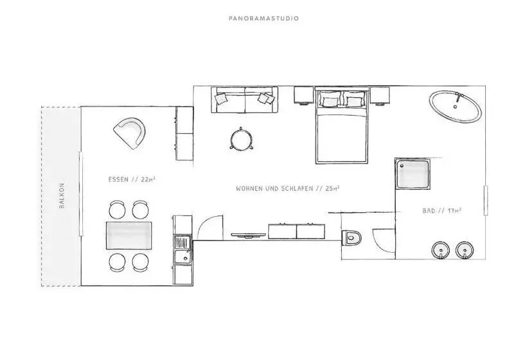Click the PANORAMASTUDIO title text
[x=263, y=19]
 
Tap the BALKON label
[x=62, y=195]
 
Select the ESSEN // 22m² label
[x=132, y=179]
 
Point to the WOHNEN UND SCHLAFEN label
[x=274, y=188]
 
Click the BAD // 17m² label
[x=442, y=211]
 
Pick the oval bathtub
[x=455, y=107]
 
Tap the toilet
[x=351, y=238]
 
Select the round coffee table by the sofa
[x=240, y=138]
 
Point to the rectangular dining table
[x=129, y=235]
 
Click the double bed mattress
[x=341, y=137]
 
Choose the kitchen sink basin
[x=183, y=256]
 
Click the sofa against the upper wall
[x=244, y=100]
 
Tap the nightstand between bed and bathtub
[x=380, y=95]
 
